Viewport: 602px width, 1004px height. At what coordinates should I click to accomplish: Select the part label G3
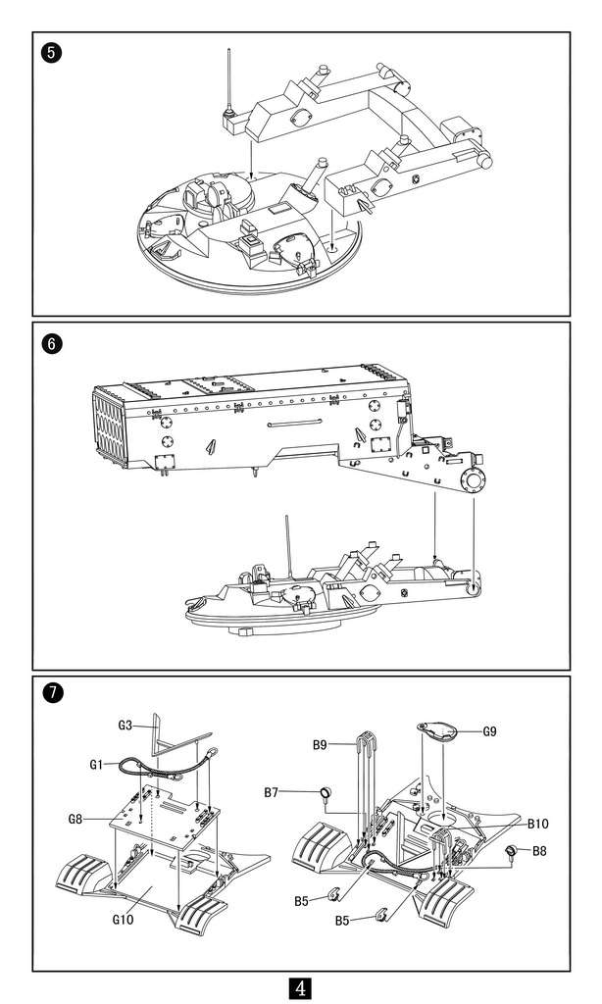(x=125, y=726)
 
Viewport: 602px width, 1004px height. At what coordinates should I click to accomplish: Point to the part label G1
(x=96, y=763)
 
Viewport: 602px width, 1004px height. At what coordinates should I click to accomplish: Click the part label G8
(x=75, y=819)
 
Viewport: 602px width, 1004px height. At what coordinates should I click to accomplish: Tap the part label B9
(x=320, y=745)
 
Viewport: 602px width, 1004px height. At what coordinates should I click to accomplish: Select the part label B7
(x=272, y=791)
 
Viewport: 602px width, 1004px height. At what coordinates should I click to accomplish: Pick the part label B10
(x=537, y=824)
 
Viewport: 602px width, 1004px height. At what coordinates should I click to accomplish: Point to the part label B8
(x=539, y=851)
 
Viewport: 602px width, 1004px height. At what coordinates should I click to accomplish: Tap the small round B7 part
(x=323, y=793)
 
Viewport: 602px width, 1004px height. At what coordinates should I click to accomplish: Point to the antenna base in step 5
(x=229, y=121)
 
